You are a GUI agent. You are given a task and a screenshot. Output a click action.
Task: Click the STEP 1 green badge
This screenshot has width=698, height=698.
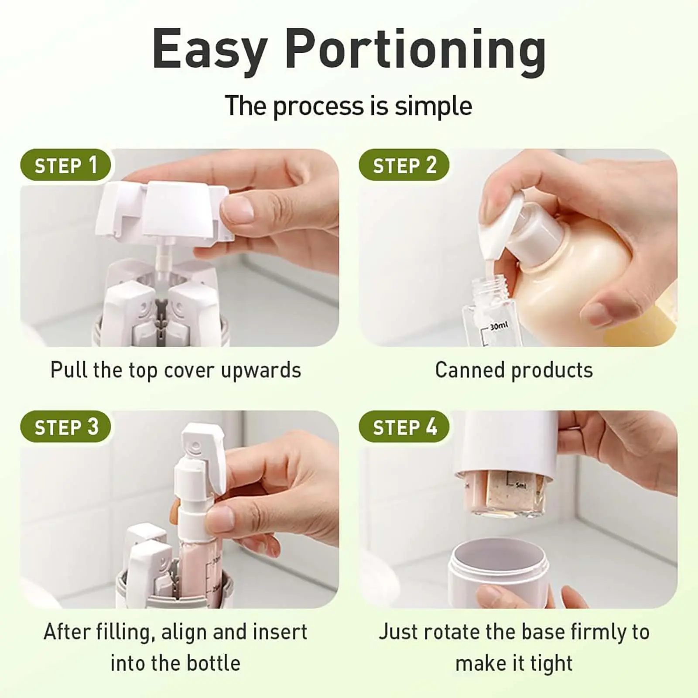[65, 165]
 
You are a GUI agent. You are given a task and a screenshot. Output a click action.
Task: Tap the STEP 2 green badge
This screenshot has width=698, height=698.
[404, 165]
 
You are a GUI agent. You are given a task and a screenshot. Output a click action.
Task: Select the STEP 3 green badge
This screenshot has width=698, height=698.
[65, 427]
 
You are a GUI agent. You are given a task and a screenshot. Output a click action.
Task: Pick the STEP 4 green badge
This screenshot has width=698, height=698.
[404, 427]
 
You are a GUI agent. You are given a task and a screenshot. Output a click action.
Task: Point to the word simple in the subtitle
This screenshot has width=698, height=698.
[434, 106]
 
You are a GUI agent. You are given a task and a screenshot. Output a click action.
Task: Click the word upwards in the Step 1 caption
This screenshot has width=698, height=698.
[261, 371]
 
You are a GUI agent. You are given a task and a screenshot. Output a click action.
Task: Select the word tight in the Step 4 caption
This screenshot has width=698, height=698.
[551, 664]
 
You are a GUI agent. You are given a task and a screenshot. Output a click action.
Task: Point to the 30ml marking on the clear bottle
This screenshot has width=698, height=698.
[499, 325]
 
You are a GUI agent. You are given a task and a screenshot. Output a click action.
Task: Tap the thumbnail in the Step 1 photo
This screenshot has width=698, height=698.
[238, 209]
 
